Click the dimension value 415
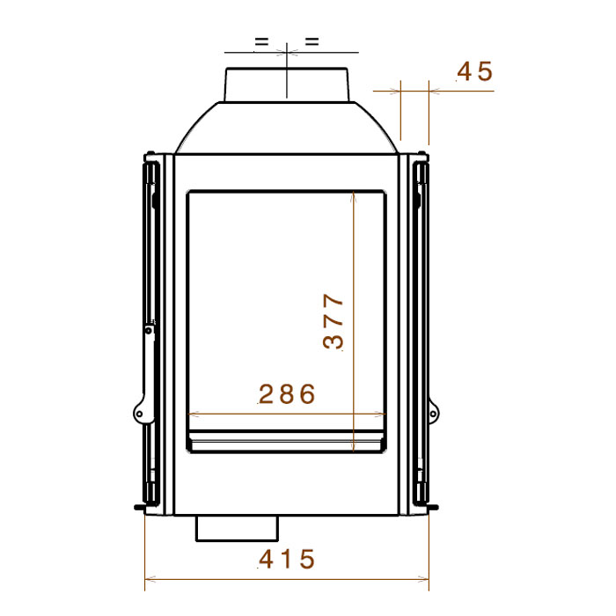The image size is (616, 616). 287,559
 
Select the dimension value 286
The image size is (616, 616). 287,393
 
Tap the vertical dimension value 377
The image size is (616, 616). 334,321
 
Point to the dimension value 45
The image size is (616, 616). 474,71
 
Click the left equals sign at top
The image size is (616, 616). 261,41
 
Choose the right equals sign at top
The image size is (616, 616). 312,41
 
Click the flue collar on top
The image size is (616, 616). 286,84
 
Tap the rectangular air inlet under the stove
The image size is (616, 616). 237,528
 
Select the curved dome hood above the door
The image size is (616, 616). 286,128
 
